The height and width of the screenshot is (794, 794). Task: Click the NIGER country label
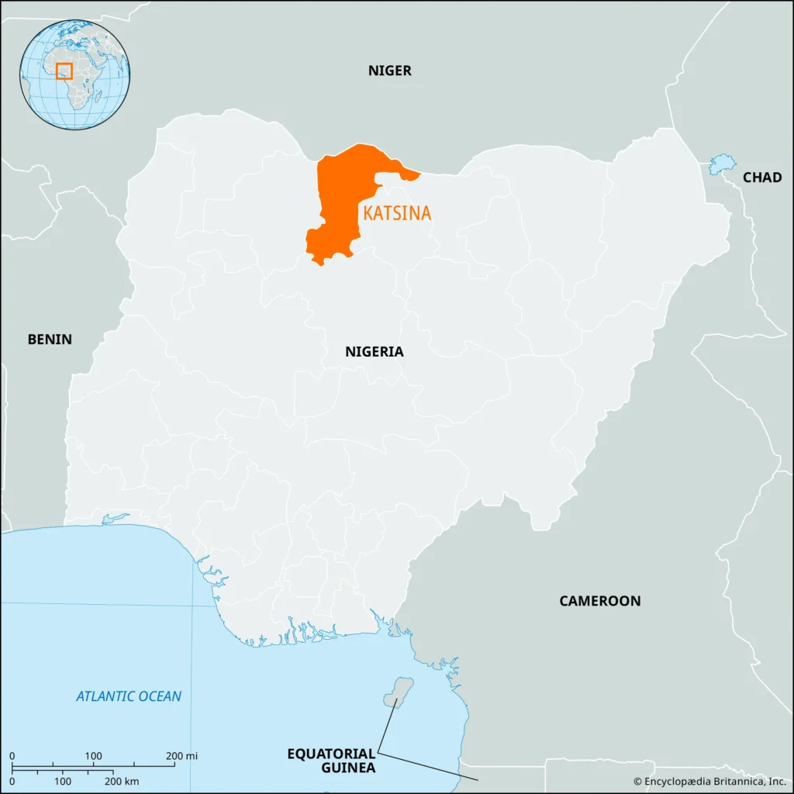[389, 71]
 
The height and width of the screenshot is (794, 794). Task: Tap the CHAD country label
[761, 178]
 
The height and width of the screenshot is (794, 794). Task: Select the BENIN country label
[50, 339]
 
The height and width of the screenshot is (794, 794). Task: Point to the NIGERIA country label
[374, 351]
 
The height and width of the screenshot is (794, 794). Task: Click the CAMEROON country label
[599, 601]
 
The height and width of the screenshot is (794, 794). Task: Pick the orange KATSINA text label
[397, 213]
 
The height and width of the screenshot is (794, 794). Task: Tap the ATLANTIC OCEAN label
[129, 696]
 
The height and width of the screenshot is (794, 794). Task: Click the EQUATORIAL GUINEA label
[331, 760]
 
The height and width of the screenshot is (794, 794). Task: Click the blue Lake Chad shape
[721, 164]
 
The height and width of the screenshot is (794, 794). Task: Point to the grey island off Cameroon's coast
[399, 692]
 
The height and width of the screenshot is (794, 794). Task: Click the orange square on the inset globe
[64, 71]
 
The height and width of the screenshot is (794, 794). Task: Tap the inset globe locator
[75, 75]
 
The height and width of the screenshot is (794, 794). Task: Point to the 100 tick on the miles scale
[93, 756]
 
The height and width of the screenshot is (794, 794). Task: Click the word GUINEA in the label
[350, 768]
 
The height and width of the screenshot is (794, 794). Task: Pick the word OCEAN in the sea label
[159, 696]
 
